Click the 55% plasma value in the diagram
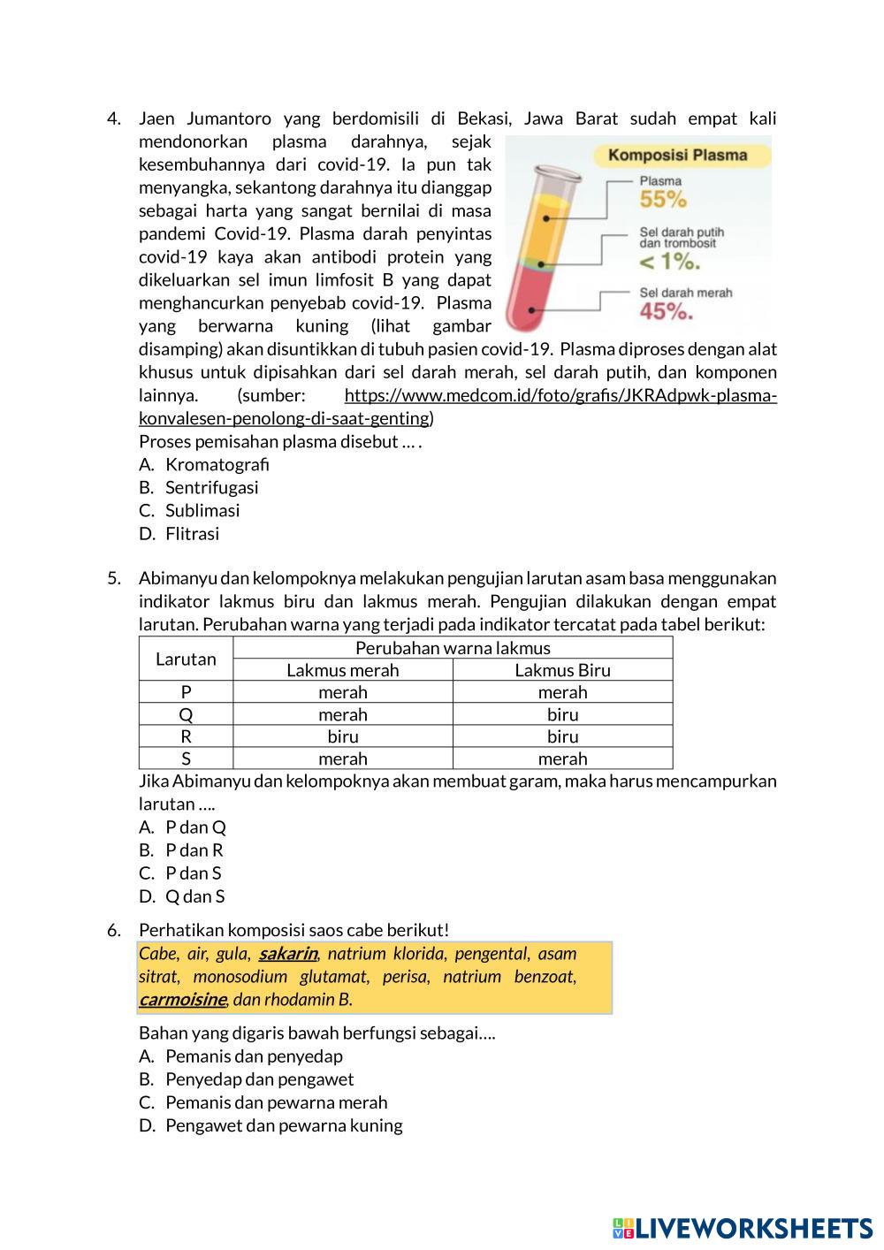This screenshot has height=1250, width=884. point(663,199)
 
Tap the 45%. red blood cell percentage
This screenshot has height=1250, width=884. point(666,311)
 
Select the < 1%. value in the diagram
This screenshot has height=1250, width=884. point(670,262)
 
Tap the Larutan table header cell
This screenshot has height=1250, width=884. point(186,659)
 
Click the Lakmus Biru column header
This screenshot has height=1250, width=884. point(562,670)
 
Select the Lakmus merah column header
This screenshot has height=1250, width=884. point(342,670)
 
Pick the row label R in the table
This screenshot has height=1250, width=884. point(186,736)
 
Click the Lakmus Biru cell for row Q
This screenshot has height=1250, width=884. point(562,714)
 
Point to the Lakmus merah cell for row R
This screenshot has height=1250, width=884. point(342,736)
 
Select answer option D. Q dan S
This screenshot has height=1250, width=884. point(194,896)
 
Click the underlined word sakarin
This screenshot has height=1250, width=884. point(288,954)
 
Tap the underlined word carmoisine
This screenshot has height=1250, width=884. point(182,1000)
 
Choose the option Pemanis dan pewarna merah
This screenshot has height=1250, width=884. point(276,1101)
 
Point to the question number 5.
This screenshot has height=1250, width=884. point(114,578)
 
